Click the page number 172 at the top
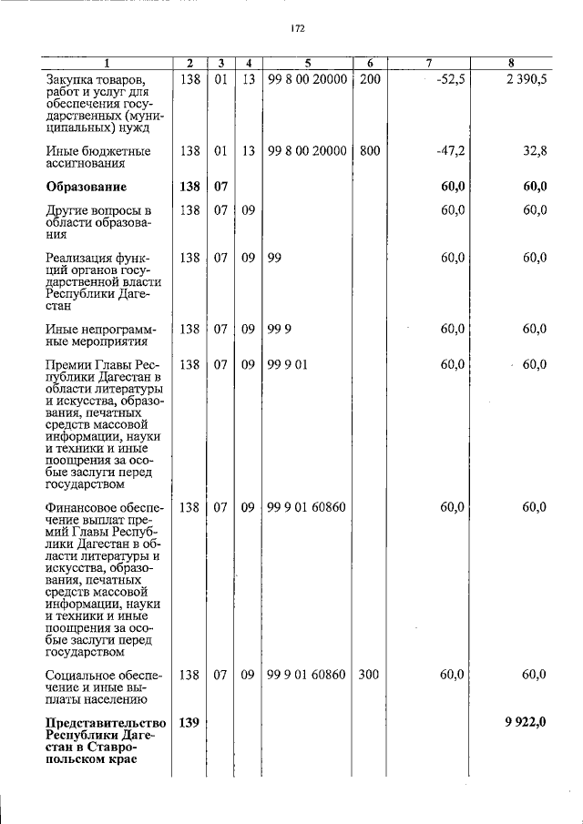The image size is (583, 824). coord(297,28)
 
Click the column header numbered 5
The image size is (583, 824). coord(309,63)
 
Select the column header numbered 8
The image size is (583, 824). coord(512,63)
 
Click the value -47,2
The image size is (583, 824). coord(450,150)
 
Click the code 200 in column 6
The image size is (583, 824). coord(369,79)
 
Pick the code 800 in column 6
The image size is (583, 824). coord(369,150)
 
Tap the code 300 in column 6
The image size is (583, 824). coord(369,675)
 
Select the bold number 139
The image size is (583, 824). coord(189,722)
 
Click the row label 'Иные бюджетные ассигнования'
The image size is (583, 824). coord(98,158)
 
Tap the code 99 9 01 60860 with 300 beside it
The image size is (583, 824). coord(307,675)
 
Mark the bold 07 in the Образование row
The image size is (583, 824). coord(220,187)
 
